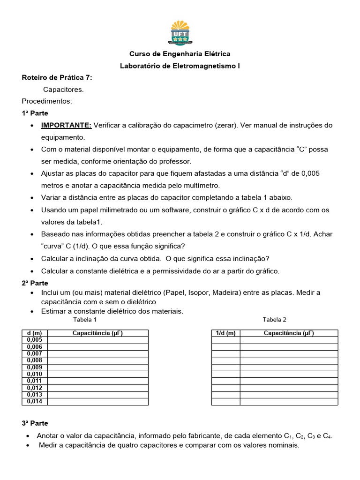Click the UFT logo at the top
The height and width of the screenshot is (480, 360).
pos(180,32)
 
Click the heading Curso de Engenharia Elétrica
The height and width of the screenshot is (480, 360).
pos(180,54)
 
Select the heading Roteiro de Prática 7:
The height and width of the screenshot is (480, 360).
pos(57,77)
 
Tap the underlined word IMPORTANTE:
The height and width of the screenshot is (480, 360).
pos(66,125)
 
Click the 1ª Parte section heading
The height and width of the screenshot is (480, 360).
pos(35,113)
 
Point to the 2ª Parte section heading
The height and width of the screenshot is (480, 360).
pos(35,283)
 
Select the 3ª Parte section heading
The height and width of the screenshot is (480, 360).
pos(35,423)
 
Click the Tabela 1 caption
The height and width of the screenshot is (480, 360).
pos(85,320)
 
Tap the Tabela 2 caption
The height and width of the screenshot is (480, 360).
pos(274,320)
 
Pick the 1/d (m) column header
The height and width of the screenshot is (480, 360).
pos(225,333)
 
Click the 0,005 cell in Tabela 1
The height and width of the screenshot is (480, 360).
pos(35,340)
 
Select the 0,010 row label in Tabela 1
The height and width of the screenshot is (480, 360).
pos(35,374)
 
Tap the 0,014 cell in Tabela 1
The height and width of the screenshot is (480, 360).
pos(35,401)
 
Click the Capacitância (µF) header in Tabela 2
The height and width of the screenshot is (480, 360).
pos(289,333)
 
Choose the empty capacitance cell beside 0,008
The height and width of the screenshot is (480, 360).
pos(97,360)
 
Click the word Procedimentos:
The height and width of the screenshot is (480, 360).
pos(47,101)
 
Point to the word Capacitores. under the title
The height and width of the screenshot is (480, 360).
pos(63,89)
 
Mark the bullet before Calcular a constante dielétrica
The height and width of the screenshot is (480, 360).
pos(31,271)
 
